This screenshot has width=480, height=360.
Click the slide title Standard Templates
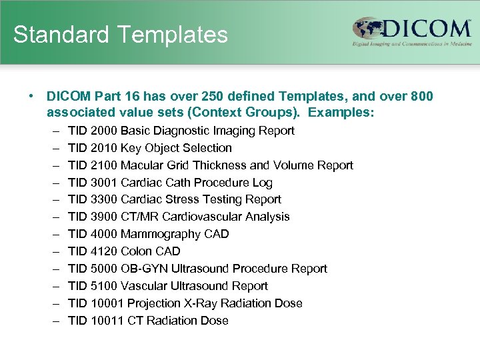(120, 34)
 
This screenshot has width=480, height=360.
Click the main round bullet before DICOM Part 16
(31, 97)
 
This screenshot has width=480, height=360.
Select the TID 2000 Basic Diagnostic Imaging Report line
(181, 131)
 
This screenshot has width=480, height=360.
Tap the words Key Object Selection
(176, 148)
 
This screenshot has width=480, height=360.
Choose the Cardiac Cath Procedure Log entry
(197, 183)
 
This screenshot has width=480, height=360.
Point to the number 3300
(103, 199)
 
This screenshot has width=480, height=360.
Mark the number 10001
(107, 303)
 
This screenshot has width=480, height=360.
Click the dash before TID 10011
(53, 321)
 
